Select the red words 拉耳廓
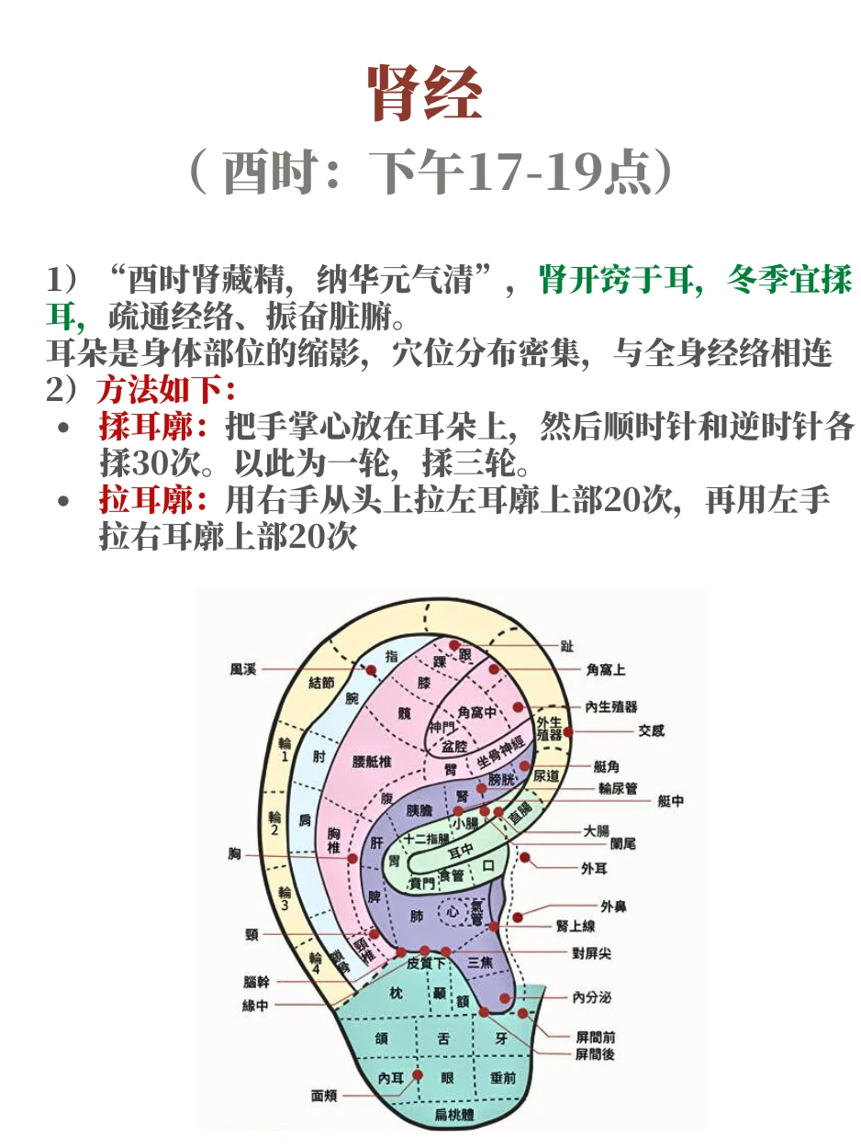point(147,501)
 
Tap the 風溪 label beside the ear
point(243,670)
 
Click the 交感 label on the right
point(651,731)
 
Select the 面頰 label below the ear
point(324,1096)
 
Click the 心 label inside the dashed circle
point(453,912)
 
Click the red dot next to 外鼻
point(518,916)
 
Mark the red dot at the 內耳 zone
point(418,1075)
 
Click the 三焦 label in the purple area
point(480,963)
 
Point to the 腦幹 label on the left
point(256,981)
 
